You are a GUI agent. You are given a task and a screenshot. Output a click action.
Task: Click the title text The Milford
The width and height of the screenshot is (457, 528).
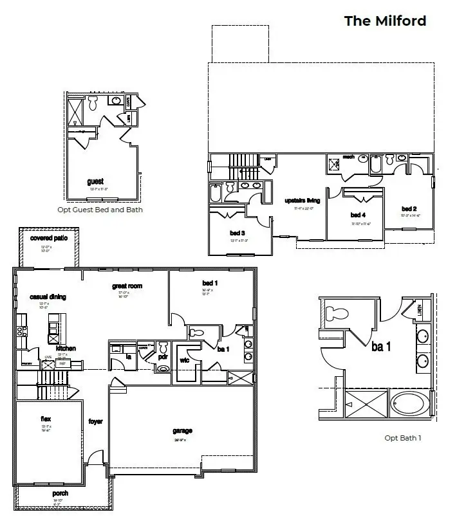[x=385, y=21]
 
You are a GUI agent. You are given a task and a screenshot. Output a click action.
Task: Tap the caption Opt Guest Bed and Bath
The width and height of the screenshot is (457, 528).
[x=105, y=210]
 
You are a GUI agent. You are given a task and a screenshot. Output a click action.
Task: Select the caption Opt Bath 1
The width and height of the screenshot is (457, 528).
[x=403, y=438]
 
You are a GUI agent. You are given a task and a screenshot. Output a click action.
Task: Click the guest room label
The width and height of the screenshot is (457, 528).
[x=95, y=182]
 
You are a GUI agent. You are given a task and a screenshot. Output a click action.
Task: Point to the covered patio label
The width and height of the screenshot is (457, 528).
[x=50, y=238]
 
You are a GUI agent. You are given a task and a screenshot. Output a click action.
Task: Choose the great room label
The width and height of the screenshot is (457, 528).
[x=126, y=286]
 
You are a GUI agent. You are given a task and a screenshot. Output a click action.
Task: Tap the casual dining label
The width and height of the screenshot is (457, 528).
[x=48, y=296]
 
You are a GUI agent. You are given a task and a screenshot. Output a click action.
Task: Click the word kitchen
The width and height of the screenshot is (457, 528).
[x=66, y=348]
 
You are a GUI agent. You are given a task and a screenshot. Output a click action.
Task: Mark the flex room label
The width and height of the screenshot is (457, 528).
[x=46, y=419]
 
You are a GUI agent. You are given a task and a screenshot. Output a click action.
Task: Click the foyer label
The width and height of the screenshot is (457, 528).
[x=95, y=422]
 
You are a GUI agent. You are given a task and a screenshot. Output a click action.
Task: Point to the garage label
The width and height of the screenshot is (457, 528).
[x=183, y=431]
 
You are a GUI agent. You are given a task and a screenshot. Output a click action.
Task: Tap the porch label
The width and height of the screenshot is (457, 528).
[x=60, y=493]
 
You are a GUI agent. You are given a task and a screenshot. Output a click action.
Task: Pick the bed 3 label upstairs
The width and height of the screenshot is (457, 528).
[x=238, y=233]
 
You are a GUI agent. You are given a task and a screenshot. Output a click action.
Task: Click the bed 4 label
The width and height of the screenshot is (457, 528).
[x=358, y=215]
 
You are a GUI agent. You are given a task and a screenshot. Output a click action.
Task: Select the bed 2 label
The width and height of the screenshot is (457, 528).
[x=409, y=209]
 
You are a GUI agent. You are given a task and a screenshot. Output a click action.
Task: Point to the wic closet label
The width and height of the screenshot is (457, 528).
[x=183, y=360]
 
